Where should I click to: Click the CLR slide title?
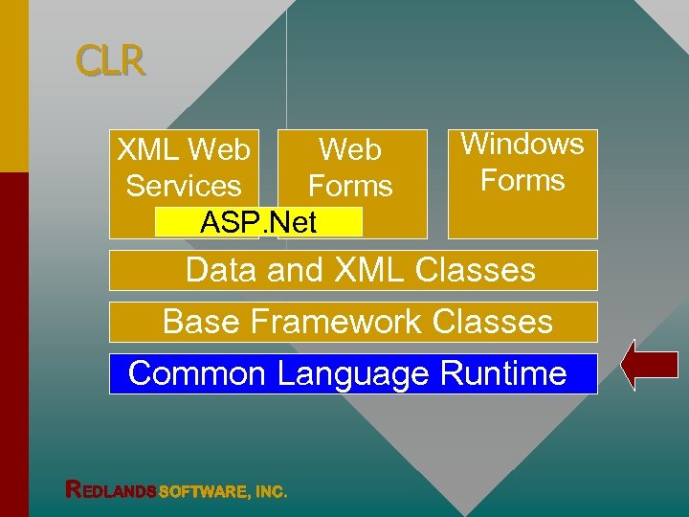coord(111,62)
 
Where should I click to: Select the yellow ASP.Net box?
coord(258,222)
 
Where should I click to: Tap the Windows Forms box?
coord(522,183)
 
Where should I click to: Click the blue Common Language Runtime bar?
coord(352,373)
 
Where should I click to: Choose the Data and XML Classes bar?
coord(352,270)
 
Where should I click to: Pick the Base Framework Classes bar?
coord(352,322)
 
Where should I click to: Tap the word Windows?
coord(522,144)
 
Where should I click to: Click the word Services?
coord(184,186)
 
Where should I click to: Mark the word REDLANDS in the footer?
coord(110,490)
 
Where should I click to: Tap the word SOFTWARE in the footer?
coord(204,491)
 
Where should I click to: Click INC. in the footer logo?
coord(271,491)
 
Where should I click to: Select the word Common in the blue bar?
coord(196,373)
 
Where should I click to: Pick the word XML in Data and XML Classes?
coord(371,270)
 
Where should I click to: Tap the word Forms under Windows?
coord(522,180)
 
